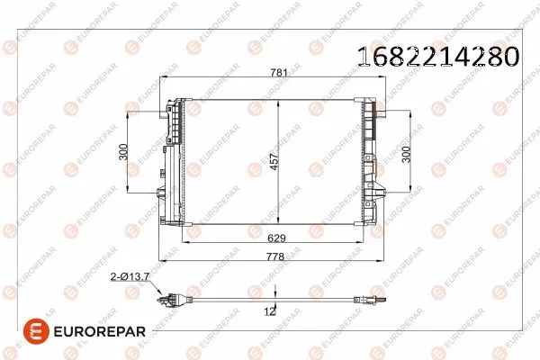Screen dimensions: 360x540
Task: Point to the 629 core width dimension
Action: pyautogui.click(x=277, y=238)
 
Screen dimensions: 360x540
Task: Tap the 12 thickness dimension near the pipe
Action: pyautogui.click(x=268, y=310)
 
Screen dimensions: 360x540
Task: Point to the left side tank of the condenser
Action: pyautogui.click(x=175, y=162)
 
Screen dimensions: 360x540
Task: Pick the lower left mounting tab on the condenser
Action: pyautogui.click(x=161, y=191)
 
